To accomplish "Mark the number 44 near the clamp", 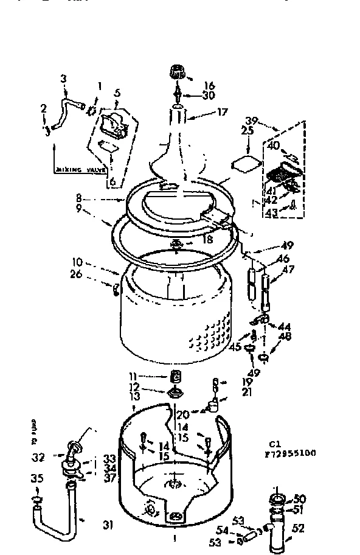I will (284, 326).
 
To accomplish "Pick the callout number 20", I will (181, 414).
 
